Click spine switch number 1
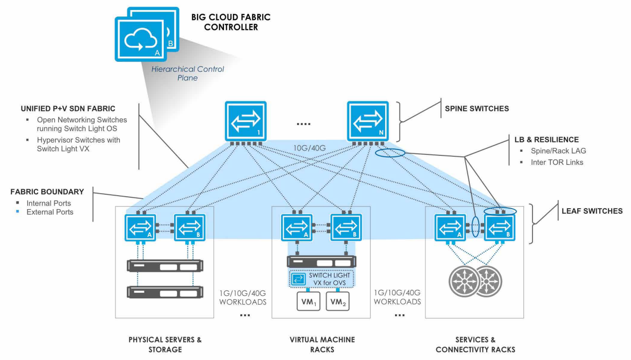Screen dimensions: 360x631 coord(245,121)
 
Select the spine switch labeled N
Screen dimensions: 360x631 coord(368,121)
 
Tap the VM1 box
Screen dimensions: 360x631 coord(308,302)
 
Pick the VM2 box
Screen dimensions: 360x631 coord(338,302)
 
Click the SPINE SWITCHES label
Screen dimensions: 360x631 coord(476,109)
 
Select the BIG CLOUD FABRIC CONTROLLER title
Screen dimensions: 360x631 coord(231,22)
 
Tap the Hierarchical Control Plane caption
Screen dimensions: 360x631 coord(188,73)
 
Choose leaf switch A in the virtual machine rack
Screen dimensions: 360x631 coord(297,228)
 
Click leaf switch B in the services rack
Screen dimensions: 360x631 coord(500,228)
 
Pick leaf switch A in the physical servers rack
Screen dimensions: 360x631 coord(140,228)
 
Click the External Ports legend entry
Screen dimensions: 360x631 coord(50,212)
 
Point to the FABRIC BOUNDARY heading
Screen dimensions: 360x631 coord(47,191)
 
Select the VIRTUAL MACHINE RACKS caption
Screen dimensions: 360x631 coord(322,345)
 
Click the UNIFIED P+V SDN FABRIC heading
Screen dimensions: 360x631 coord(68,109)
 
